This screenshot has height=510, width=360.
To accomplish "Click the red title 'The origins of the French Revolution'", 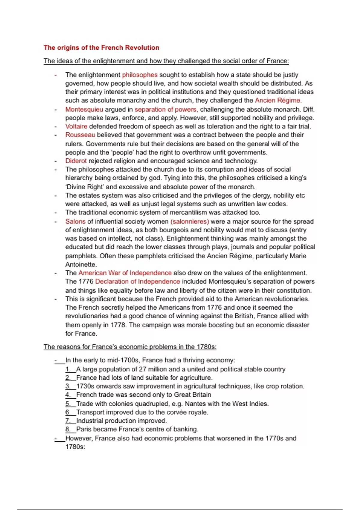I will pyautogui.click(x=101, y=47).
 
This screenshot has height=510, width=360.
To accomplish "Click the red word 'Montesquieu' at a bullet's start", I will pyautogui.click(x=84, y=109).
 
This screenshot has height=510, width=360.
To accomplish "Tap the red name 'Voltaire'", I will pyautogui.click(x=76, y=126).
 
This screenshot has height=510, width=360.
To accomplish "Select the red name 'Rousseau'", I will pyautogui.click(x=80, y=135).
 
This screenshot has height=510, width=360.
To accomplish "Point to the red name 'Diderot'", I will pyautogui.click(x=76, y=161).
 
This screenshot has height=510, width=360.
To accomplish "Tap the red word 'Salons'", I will pyautogui.click(x=75, y=221).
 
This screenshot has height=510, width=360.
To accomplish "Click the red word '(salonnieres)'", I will pyautogui.click(x=190, y=221).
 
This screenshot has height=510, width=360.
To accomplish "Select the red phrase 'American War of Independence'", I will pyautogui.click(x=125, y=273).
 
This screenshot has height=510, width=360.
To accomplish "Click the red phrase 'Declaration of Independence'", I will pyautogui.click(x=137, y=281).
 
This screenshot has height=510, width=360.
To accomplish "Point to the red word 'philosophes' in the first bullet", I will pyautogui.click(x=139, y=75).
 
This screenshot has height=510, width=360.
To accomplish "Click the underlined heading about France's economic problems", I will pyautogui.click(x=130, y=347).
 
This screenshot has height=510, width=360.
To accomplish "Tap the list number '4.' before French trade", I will pyautogui.click(x=68, y=395).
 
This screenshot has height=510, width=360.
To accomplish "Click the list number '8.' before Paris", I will pyautogui.click(x=68, y=429).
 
